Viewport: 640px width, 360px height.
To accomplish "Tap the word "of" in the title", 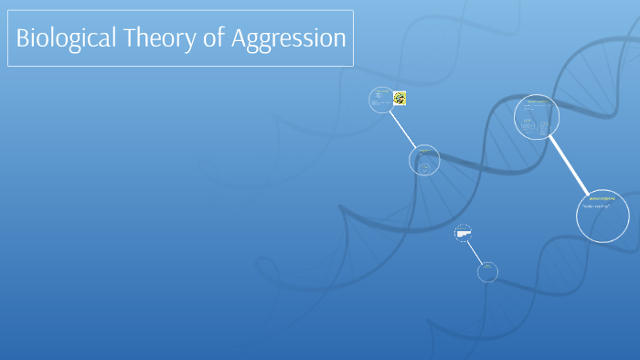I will [210, 38].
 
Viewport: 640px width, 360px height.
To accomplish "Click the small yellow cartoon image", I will [400, 98].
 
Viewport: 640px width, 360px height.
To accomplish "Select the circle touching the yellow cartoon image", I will [381, 100].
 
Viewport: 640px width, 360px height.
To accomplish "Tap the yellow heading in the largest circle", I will [602, 197].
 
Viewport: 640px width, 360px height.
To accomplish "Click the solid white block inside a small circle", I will [463, 235].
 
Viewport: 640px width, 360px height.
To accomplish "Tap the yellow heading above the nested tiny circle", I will [423, 150].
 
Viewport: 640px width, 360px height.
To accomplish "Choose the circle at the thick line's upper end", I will [537, 117].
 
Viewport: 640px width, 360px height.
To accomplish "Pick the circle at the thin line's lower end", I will [487, 270].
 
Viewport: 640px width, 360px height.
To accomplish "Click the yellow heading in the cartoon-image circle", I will [379, 90].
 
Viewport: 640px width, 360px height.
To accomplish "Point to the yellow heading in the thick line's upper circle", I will [536, 101].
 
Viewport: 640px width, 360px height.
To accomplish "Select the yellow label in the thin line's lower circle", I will [487, 266].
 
